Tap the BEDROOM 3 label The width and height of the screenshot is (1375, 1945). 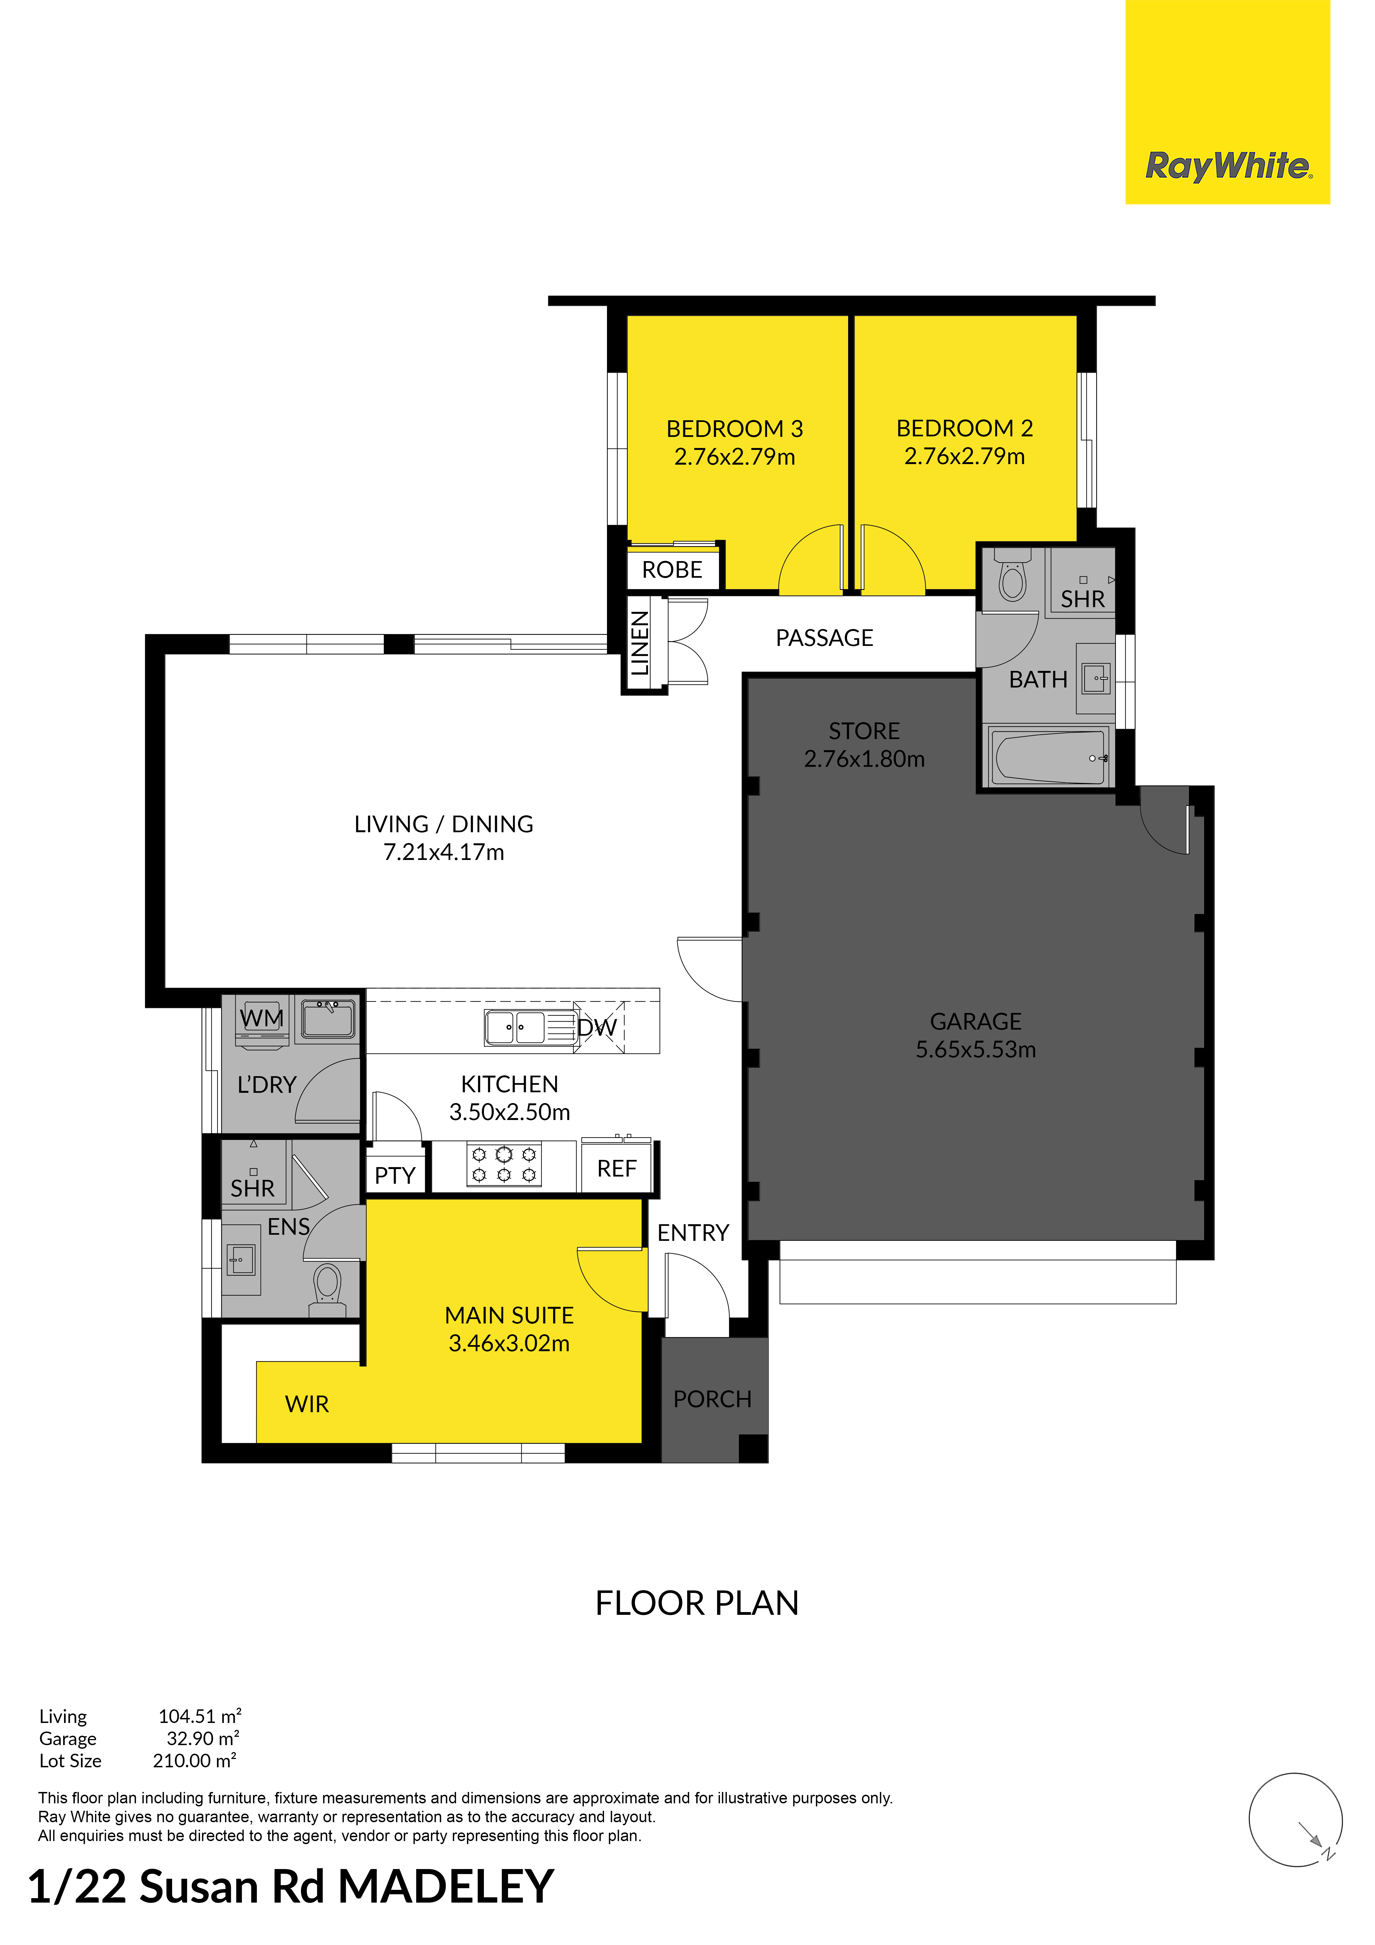pyautogui.click(x=734, y=429)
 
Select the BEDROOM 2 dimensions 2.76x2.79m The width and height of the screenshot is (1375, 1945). pyautogui.click(x=964, y=457)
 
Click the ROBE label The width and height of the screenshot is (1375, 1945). pyautogui.click(x=673, y=570)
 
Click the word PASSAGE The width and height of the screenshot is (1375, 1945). pyautogui.click(x=824, y=638)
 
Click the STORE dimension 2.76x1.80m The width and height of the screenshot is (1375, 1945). pyautogui.click(x=864, y=759)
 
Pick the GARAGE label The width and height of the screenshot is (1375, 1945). pyautogui.click(x=976, y=1022)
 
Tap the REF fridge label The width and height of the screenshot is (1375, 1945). pyautogui.click(x=617, y=1169)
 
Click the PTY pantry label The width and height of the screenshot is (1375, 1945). pyautogui.click(x=395, y=1176)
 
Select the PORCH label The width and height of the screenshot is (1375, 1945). pyautogui.click(x=713, y=1399)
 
